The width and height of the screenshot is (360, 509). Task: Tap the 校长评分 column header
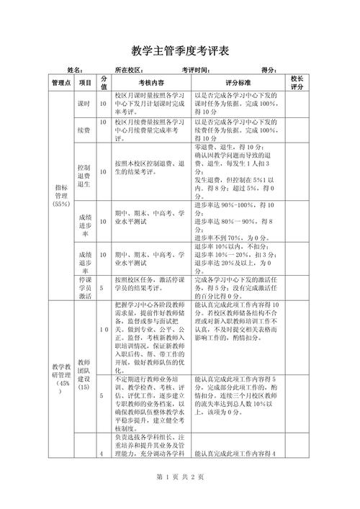(x=297, y=83)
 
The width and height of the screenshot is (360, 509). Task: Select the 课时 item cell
(x=85, y=104)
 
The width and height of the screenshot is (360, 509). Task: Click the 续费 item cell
(x=85, y=129)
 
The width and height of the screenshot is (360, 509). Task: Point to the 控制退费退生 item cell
(x=85, y=173)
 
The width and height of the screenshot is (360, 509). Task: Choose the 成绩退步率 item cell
(x=85, y=259)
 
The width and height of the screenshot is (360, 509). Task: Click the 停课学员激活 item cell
(x=85, y=287)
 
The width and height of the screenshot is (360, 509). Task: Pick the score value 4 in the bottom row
(x=102, y=454)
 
